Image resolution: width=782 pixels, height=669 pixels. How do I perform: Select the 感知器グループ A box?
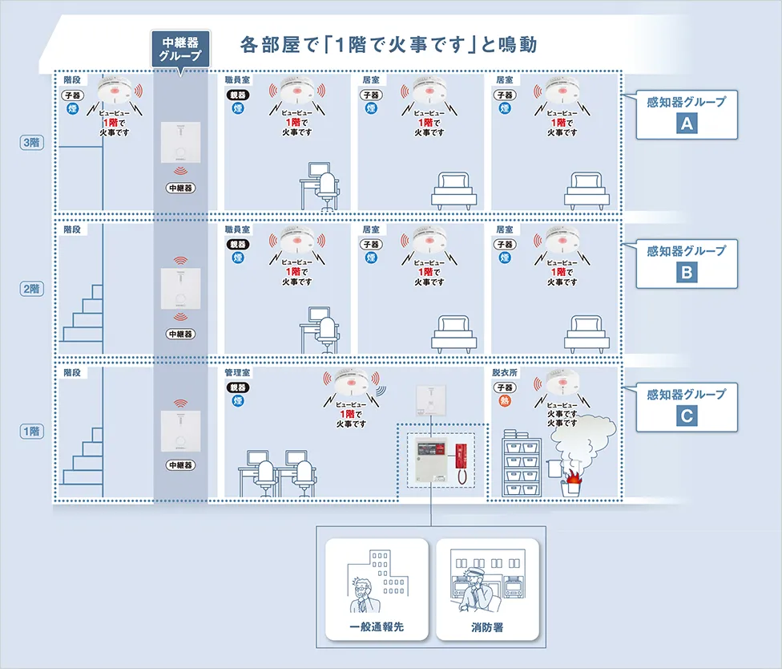686,115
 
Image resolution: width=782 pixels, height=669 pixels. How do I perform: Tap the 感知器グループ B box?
686,263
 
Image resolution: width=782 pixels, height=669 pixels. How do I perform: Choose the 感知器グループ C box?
686,407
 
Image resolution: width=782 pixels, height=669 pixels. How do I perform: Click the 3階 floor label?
31,143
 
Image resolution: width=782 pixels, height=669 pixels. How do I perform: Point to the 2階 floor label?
31,289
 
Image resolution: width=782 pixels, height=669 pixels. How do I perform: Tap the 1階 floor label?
31,432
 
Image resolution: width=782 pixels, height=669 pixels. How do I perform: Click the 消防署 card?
487,589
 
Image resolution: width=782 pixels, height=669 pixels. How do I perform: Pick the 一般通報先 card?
377,589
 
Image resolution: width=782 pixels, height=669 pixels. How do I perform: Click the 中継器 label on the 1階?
181,465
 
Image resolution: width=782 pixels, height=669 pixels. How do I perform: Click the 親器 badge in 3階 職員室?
238,95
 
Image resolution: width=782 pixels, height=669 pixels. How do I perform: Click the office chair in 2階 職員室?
328,334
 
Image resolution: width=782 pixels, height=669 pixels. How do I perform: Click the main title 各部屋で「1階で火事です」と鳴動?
388,43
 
